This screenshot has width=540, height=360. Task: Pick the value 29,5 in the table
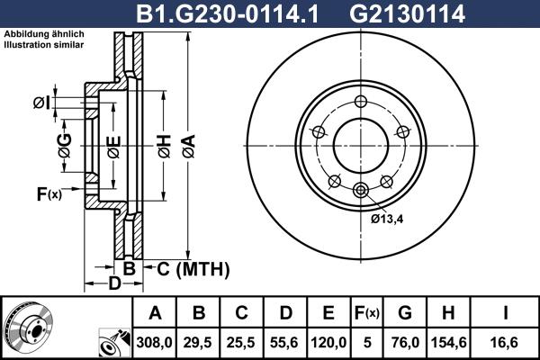coord(199,340)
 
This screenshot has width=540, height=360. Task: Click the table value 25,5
coord(241,340)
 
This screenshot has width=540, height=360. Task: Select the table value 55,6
coord(284,340)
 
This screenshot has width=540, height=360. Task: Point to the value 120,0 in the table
coord(328,340)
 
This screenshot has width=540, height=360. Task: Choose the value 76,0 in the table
coord(405,340)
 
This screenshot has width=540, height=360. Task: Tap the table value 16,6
coord(506,340)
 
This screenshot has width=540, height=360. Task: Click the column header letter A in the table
coord(155,313)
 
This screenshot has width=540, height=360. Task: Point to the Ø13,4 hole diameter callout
coord(388,218)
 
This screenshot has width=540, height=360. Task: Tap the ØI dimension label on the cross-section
coord(41,103)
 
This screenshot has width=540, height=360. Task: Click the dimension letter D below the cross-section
coord(114,284)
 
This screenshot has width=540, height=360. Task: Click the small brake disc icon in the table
coord(27,328)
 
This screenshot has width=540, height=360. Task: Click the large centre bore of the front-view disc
coord(361,145)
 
